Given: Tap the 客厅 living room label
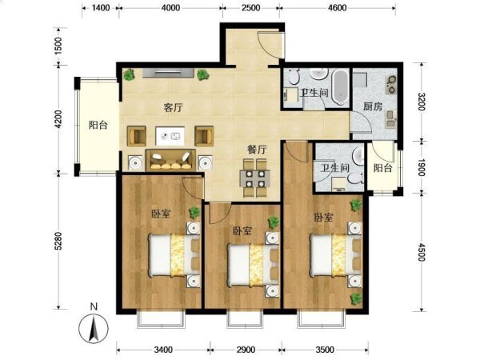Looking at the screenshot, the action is tap(173, 108).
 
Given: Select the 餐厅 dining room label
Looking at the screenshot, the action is tap(257, 150).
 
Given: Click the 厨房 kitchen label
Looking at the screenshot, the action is tap(373, 106).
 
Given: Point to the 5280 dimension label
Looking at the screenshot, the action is tap(58, 242).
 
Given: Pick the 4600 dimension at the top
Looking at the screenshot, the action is tap(337, 7).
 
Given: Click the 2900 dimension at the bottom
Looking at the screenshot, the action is tap(246, 349).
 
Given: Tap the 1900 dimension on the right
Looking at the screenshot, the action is tap(421, 167).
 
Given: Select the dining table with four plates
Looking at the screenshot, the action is tap(255, 178).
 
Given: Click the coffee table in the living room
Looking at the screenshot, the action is tap(170, 136).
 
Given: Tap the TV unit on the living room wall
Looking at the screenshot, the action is tap(168, 73).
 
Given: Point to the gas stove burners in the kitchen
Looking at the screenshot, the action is tap(391, 84).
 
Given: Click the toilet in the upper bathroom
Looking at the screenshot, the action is tap(294, 77).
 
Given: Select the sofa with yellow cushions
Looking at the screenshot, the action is tap(170, 160).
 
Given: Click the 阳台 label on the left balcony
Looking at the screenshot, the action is tap(98, 125).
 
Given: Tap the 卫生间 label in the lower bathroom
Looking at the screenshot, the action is tap(334, 168).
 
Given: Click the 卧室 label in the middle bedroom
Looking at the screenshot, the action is tap(242, 231).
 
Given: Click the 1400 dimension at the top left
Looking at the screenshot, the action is tap(101, 7).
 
